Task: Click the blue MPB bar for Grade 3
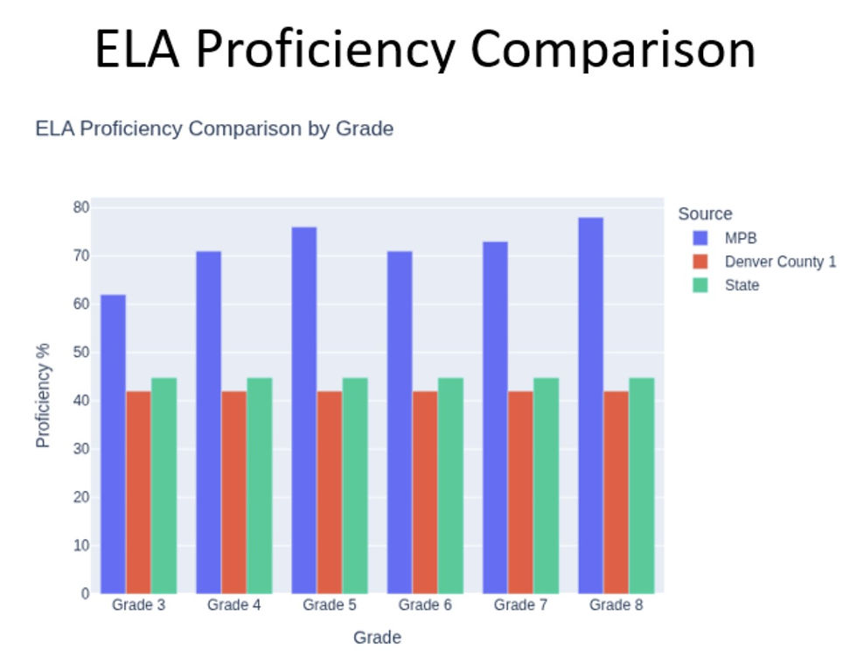(x=113, y=444)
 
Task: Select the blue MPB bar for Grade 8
(x=591, y=406)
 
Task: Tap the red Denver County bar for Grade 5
(x=330, y=492)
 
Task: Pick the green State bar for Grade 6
(x=451, y=486)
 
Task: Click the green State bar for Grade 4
(x=260, y=486)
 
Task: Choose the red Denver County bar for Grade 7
(x=520, y=492)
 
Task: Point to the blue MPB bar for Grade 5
(x=304, y=410)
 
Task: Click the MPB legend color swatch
(x=700, y=238)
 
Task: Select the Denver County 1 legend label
(x=780, y=262)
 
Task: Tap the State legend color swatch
(x=700, y=285)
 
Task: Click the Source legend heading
(x=705, y=213)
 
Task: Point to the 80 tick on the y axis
(x=80, y=207)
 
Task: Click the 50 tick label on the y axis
(x=80, y=352)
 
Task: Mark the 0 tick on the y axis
(x=86, y=593)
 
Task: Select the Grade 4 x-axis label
(x=234, y=605)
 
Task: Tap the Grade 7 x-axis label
(x=520, y=605)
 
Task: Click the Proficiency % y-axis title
(x=43, y=395)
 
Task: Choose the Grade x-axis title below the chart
(x=377, y=637)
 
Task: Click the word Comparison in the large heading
(x=613, y=49)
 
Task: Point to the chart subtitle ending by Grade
(x=214, y=129)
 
